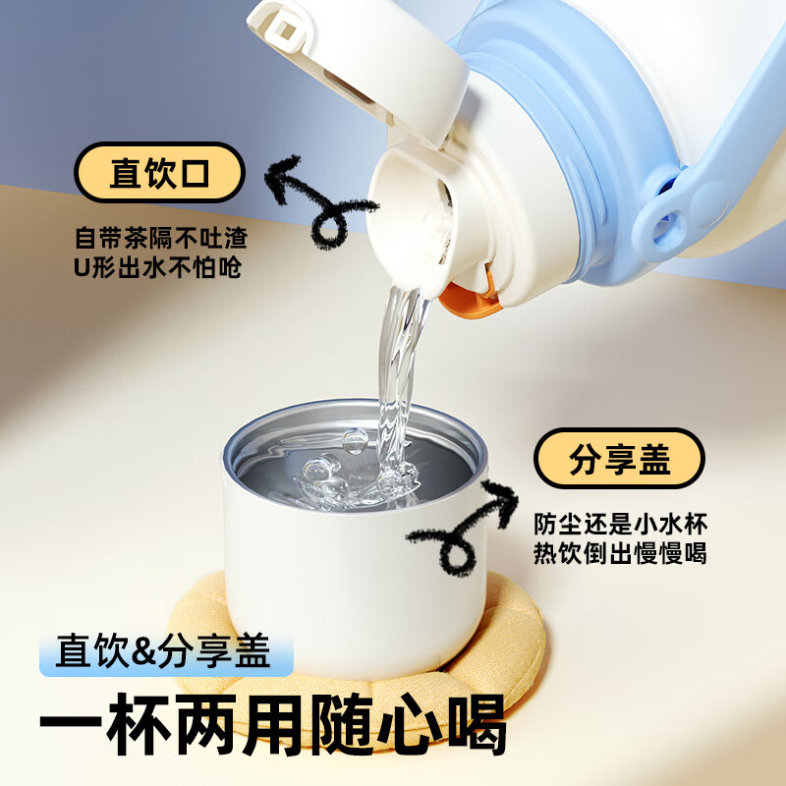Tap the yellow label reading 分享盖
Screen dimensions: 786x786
coord(619,459)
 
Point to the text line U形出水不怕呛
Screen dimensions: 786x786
coord(158,267)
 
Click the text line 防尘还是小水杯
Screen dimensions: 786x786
coord(620,523)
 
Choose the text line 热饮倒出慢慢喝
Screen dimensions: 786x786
coord(620,553)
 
